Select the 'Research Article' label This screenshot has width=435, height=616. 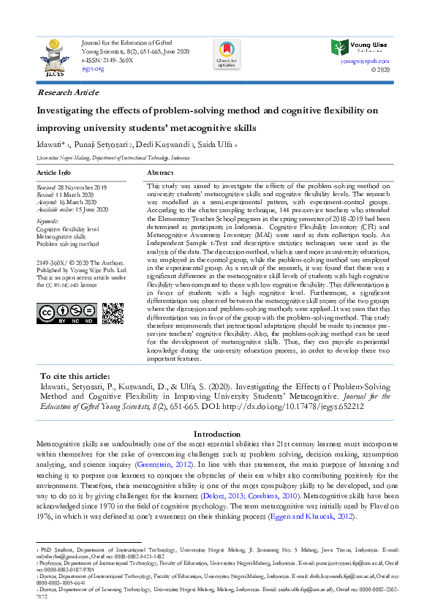[68, 93]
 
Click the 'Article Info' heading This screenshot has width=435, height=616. [54, 173]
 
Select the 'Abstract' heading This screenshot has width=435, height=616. [160, 173]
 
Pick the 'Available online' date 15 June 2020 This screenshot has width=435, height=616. [89, 209]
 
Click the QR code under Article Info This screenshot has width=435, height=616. [112, 314]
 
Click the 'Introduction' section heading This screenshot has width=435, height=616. [217, 434]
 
